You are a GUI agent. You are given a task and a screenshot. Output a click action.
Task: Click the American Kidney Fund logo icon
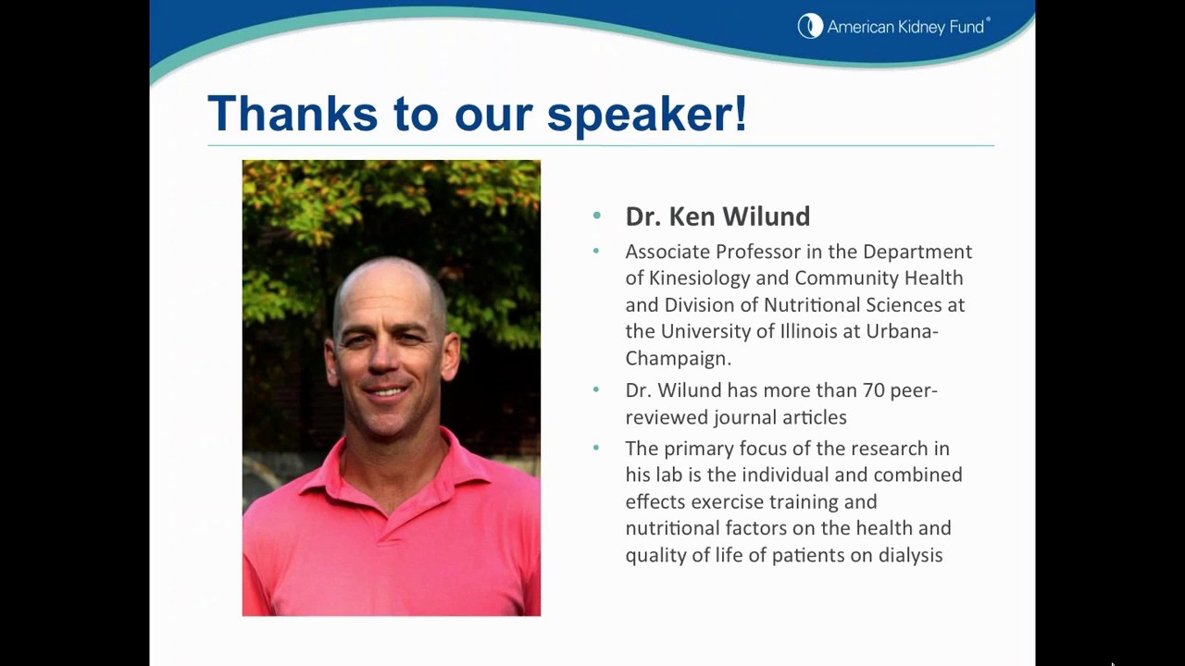click(810, 26)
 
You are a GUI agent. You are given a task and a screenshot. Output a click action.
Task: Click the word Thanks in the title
click(293, 113)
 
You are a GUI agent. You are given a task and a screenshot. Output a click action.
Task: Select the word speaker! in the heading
click(646, 113)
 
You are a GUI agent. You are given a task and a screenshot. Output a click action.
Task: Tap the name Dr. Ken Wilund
click(717, 216)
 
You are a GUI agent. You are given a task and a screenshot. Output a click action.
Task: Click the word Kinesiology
click(695, 277)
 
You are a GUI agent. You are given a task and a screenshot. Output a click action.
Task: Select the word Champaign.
click(678, 358)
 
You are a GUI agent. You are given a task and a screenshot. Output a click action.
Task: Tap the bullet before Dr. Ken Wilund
click(597, 216)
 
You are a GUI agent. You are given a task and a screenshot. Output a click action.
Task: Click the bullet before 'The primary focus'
click(597, 448)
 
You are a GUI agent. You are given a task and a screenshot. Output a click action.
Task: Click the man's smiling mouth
click(387, 392)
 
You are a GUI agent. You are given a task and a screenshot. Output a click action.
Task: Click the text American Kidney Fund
click(905, 27)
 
